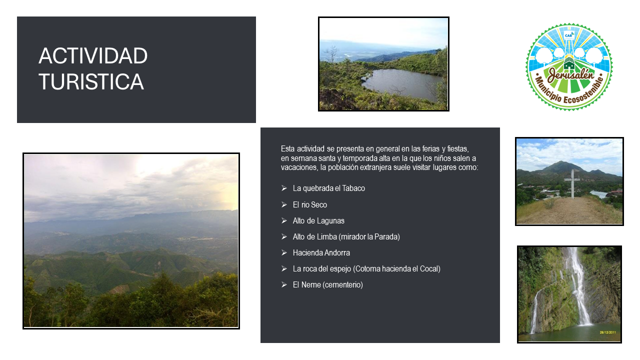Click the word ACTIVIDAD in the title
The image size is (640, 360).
pos(93,55)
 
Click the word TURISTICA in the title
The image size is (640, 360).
pos(91,81)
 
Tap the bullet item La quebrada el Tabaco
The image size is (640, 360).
pos(328,188)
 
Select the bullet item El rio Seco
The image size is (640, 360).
pos(309,204)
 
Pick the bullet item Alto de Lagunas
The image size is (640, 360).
pos(318,220)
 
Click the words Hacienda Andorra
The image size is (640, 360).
pos(321,252)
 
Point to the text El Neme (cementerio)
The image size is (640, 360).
pos(327,285)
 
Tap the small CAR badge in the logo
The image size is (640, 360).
pos(569,35)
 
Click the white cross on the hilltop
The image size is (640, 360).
pos(572,183)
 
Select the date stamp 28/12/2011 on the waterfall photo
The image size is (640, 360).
pos(607,332)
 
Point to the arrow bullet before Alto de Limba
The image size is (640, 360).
pos(284,236)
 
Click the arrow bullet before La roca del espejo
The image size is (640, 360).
pos(284,268)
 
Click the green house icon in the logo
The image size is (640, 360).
pos(569,65)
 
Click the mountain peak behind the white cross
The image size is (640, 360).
pos(562,162)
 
